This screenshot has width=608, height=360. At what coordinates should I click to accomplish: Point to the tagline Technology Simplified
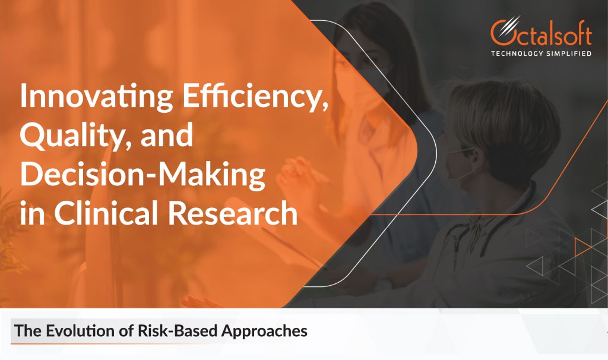pyautogui.click(x=540, y=54)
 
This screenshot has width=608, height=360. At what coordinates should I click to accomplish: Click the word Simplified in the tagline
pyautogui.click(x=569, y=54)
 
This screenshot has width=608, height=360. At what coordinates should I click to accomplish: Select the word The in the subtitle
pyautogui.click(x=26, y=331)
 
